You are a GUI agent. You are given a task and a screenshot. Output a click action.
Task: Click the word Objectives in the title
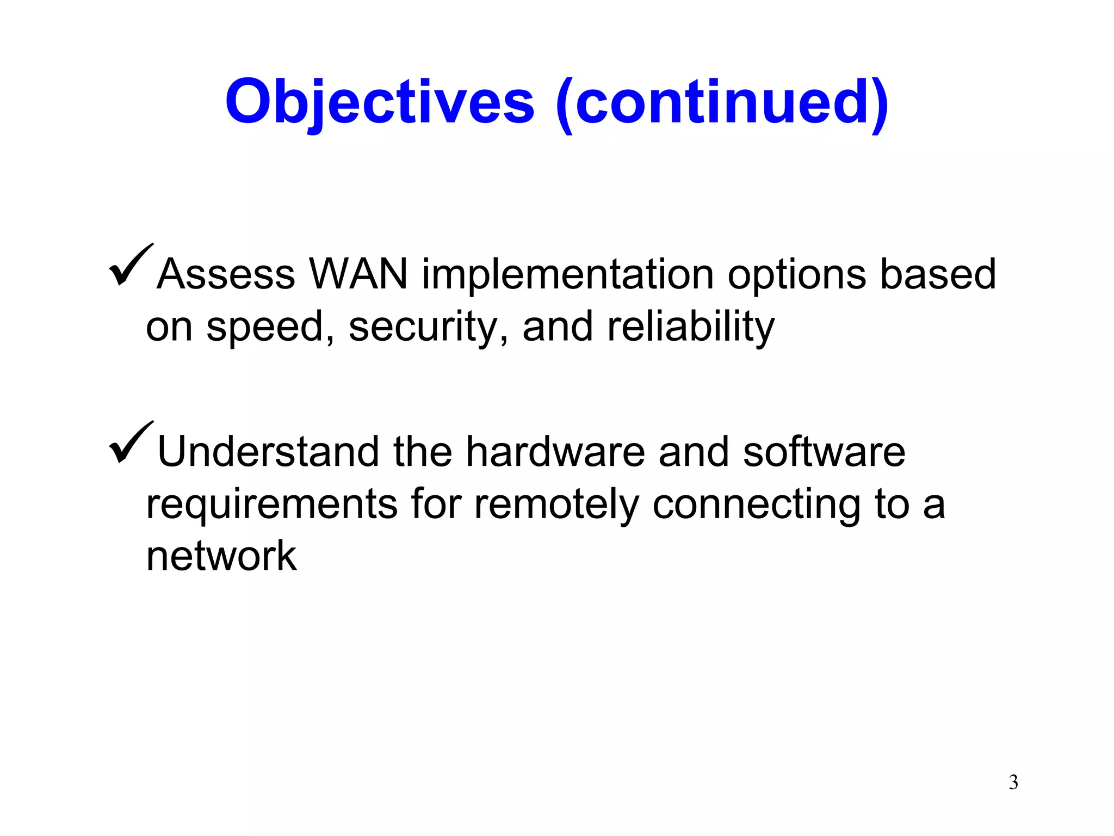tap(380, 102)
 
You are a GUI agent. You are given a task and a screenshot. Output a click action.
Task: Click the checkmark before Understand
tap(131, 443)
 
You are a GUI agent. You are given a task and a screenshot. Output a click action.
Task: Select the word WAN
tap(358, 274)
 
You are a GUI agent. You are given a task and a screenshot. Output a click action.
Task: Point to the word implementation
tap(567, 275)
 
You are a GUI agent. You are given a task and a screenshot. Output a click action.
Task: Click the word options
tap(797, 275)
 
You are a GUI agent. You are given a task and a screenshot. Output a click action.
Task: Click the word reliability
tap(691, 328)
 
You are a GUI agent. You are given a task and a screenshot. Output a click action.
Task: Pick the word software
tap(824, 452)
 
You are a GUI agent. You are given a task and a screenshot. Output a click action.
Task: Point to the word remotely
tap(556, 505)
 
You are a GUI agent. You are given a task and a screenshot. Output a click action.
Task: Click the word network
tap(221, 556)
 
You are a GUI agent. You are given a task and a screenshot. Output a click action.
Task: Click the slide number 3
tap(1013, 783)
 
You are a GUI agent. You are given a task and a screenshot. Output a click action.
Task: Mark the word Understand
tap(268, 452)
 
